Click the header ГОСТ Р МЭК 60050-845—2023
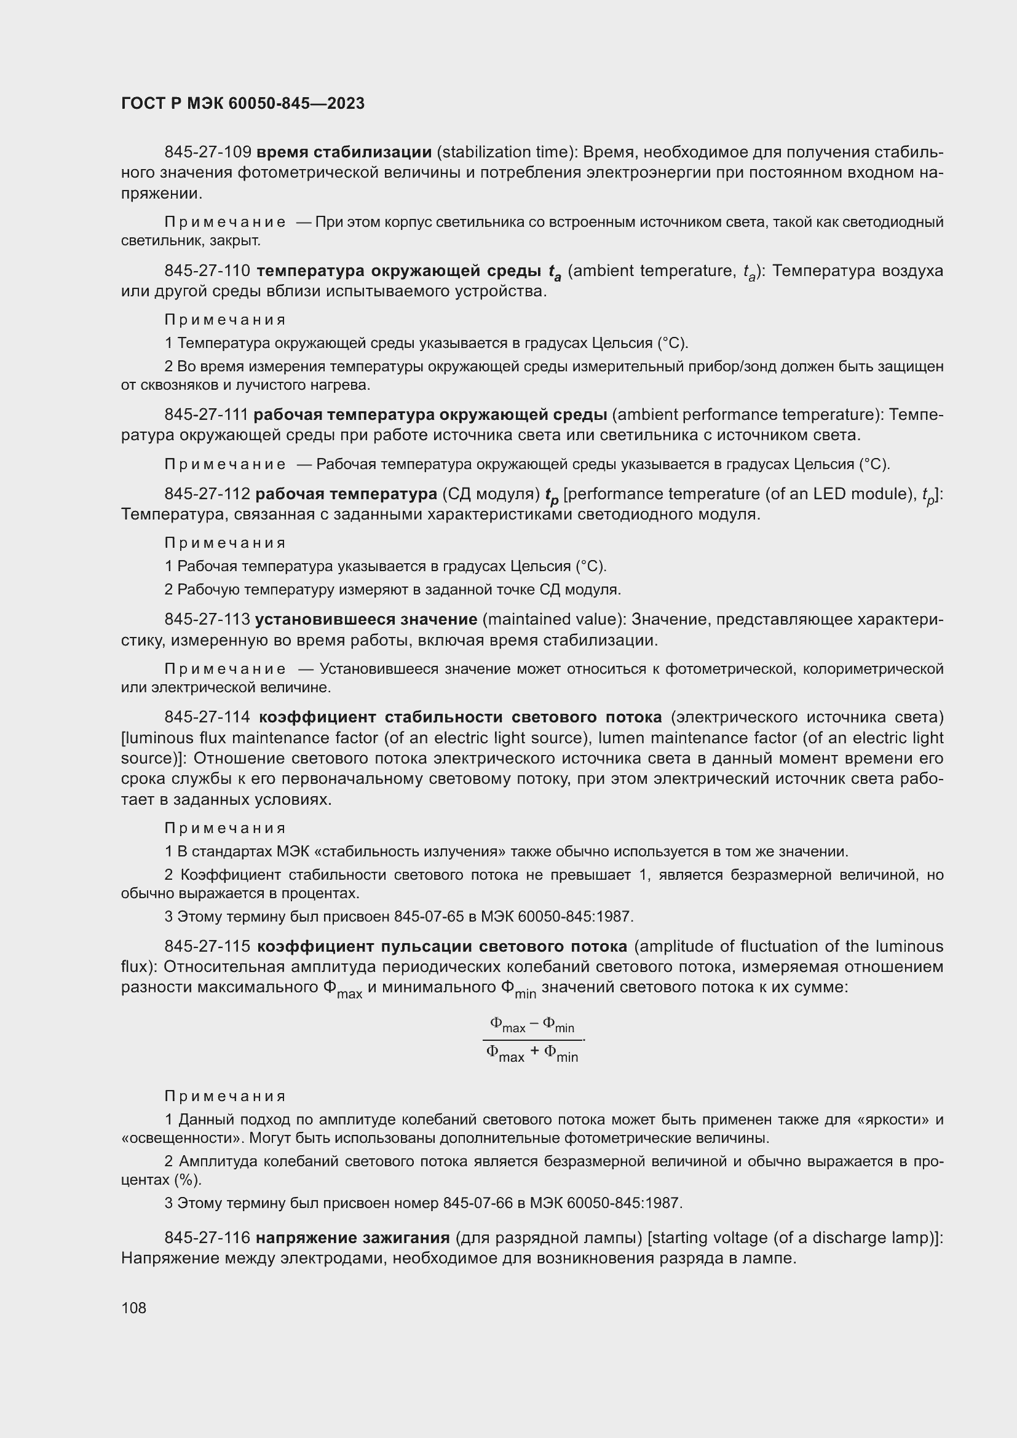(x=242, y=104)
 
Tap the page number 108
(x=134, y=1308)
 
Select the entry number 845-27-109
(x=208, y=152)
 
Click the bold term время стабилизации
(x=344, y=152)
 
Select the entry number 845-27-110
(x=208, y=271)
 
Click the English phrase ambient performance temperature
(x=747, y=414)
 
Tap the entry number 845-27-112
(x=208, y=494)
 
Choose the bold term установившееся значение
(x=366, y=620)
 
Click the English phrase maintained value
(x=554, y=620)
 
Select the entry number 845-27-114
(x=208, y=716)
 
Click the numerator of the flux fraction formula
(x=532, y=1024)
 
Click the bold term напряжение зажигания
(x=352, y=1238)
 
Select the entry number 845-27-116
(x=208, y=1238)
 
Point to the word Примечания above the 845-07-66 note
(x=225, y=1096)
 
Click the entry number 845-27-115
(x=208, y=946)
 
